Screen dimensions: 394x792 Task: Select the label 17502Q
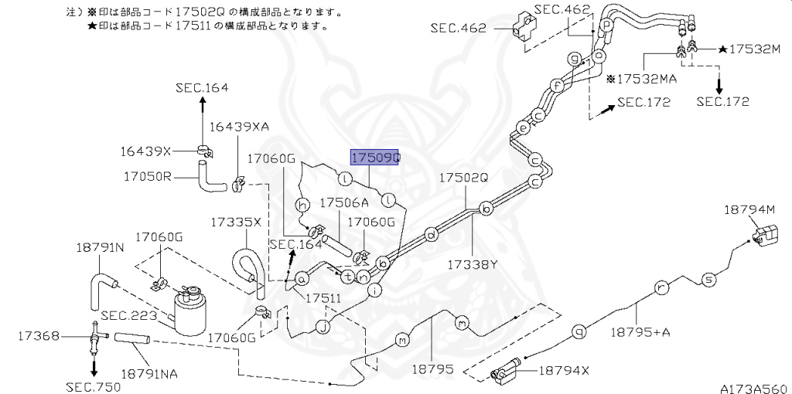(464, 178)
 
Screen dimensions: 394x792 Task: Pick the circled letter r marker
(661, 288)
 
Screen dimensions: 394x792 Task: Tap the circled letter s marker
(707, 280)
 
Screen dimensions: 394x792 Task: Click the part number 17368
(39, 336)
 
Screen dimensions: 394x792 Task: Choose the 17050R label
(146, 176)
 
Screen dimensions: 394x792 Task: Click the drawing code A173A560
(753, 387)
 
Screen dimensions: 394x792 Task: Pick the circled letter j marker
(322, 327)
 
